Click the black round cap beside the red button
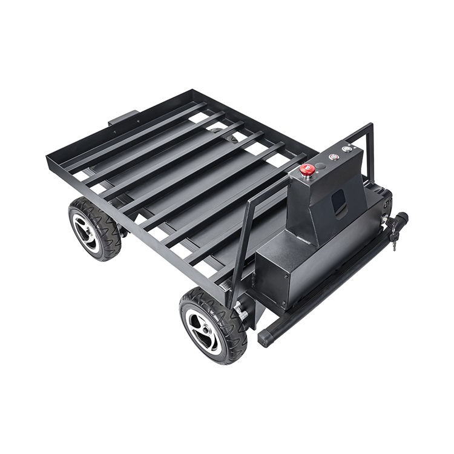pyautogui.click(x=320, y=165)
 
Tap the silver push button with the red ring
pyautogui.click(x=332, y=157)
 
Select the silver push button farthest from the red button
pyautogui.click(x=346, y=149)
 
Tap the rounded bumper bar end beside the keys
pyautogui.click(x=402, y=217)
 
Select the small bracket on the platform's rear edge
pyautogui.click(x=125, y=117)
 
